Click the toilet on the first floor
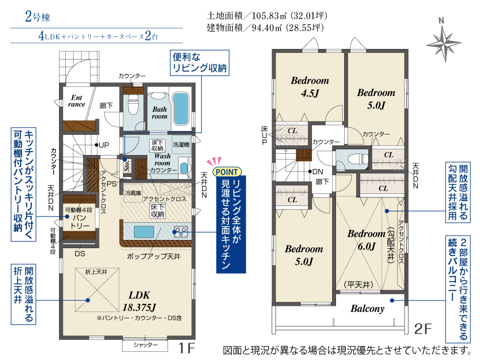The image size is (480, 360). (133, 104)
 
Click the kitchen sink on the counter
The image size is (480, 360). (144, 232)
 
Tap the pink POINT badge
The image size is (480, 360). (227, 172)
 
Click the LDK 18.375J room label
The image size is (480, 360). (139, 301)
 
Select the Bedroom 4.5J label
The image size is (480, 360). (310, 86)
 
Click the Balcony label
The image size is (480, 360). (367, 309)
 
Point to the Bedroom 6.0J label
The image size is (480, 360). (366, 240)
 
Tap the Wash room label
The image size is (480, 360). (162, 159)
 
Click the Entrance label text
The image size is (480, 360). (76, 101)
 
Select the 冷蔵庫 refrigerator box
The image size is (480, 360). (133, 193)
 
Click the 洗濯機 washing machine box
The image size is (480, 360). (181, 144)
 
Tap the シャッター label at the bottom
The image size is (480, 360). (146, 345)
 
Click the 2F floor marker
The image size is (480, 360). (422, 329)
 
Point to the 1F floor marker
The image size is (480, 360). (186, 348)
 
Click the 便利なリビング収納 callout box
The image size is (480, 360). (200, 63)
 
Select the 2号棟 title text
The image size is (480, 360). (37, 16)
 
